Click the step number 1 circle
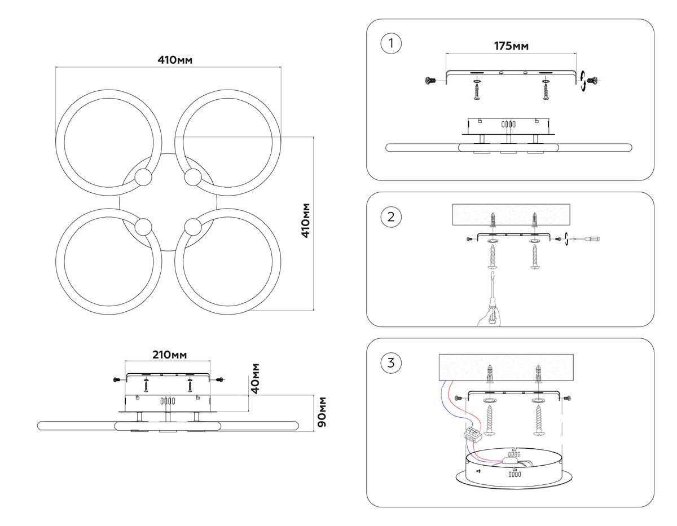click(391, 45)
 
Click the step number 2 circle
click(391, 217)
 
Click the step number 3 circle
click(391, 363)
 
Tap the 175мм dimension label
click(512, 46)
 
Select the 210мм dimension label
click(169, 355)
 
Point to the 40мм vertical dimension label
click(256, 378)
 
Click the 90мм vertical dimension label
click(322, 412)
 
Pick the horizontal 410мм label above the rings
click(175, 60)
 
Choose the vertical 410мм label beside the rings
click(305, 220)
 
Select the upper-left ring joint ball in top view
click(143, 178)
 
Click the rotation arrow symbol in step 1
click(583, 81)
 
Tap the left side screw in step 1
click(430, 81)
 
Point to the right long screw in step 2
click(535, 257)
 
